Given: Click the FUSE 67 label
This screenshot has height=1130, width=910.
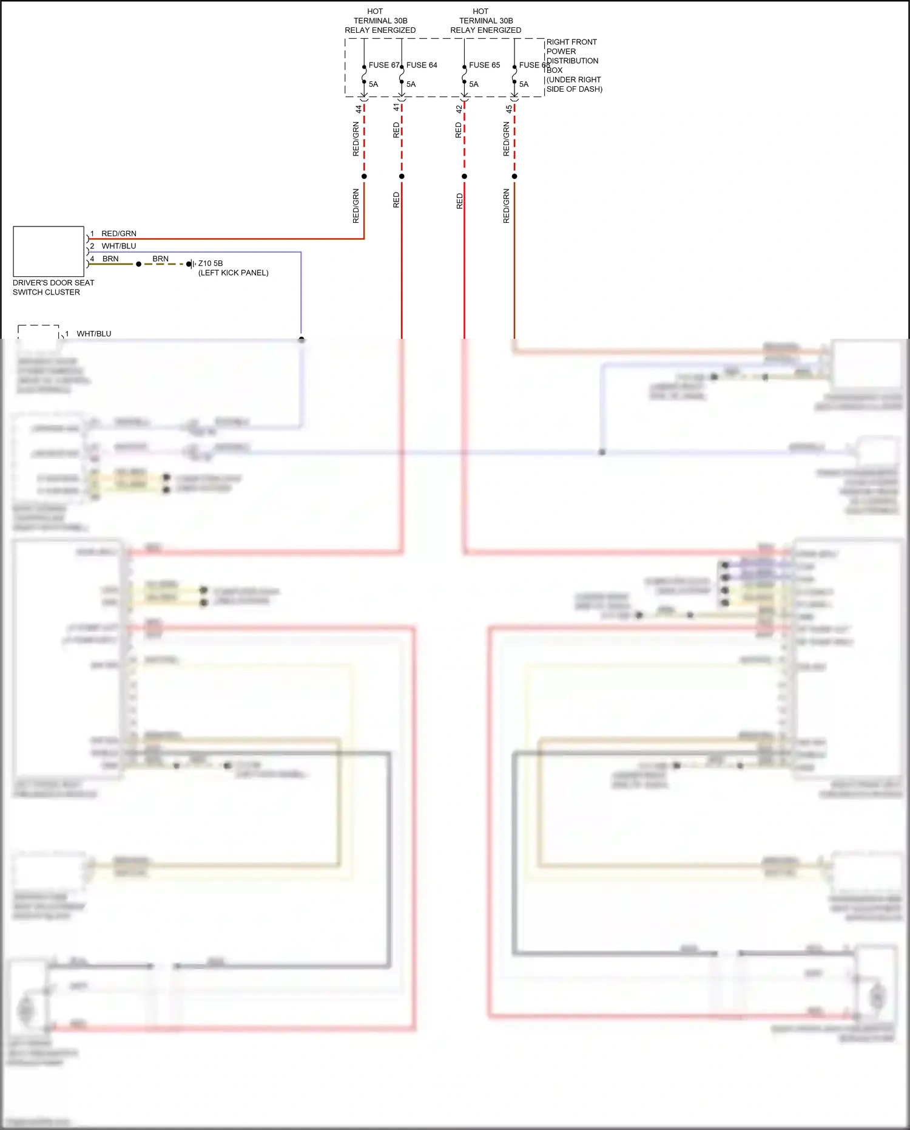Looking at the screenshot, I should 383,65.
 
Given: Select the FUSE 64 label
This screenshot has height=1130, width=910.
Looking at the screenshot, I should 422,65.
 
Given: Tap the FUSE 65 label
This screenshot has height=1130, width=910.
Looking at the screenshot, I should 484,65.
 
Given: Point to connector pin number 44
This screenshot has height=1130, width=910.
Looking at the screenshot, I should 359,109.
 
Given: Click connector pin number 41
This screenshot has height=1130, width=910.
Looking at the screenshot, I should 396,107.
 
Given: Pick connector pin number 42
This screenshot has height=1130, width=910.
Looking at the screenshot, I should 459,109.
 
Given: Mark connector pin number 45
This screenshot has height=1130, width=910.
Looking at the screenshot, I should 509,109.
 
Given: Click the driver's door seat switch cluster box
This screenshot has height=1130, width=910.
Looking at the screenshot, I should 49,251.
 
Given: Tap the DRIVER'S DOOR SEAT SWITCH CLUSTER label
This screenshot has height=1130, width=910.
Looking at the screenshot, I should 53,287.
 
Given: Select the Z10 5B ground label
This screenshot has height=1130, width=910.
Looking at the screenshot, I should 211,264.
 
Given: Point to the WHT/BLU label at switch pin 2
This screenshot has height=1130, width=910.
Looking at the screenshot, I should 119,246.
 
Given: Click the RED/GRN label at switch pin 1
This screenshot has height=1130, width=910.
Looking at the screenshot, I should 119,234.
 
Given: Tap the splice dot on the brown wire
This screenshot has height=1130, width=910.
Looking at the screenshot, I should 138,264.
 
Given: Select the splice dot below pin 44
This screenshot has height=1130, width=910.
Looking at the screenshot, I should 364,177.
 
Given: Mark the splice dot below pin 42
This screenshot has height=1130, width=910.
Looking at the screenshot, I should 464,177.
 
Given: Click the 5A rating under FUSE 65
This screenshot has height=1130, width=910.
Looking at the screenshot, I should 474,84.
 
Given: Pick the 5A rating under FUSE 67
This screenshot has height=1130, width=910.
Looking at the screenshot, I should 373,84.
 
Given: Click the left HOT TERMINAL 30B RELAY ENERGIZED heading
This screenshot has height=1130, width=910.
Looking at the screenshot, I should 380,21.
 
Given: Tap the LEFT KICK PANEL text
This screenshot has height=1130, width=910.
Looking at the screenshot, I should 234,273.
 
